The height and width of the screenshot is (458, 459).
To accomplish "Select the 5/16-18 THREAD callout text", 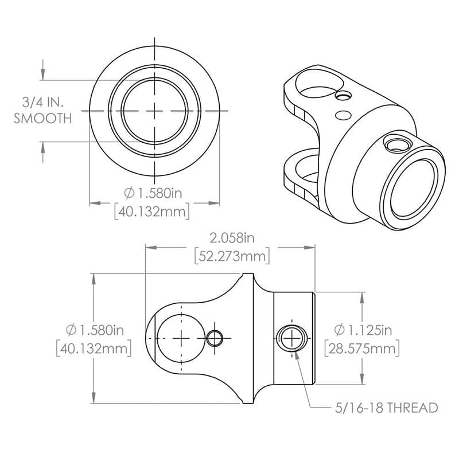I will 386,408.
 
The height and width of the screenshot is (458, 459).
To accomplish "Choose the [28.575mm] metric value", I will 362,348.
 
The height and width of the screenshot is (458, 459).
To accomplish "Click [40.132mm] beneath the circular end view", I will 152,211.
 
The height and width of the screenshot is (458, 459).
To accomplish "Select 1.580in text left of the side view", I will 101,330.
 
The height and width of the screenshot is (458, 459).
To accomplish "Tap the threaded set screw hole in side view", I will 291,338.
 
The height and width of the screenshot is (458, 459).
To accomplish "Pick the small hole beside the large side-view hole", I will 215,338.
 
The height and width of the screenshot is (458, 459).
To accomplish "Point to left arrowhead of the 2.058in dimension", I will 149,248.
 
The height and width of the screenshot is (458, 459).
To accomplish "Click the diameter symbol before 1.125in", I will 339,330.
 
